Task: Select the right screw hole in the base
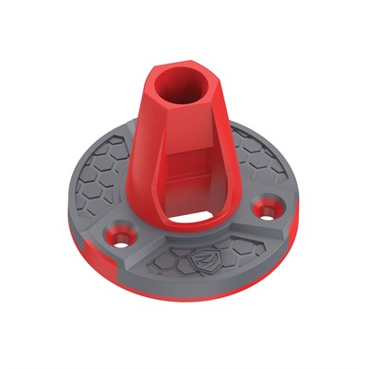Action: point(268,210)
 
